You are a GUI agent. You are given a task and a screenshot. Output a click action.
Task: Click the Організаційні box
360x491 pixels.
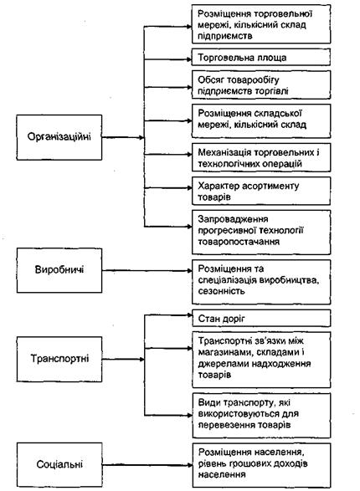pos(59,137)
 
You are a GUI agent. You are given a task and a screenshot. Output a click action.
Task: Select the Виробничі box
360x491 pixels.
pos(59,270)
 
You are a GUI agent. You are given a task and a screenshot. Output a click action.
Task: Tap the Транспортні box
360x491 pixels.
pos(59,359)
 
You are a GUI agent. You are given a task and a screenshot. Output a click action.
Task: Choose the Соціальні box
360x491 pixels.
pos(59,464)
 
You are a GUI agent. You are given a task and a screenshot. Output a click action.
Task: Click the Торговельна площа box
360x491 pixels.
pos(261,58)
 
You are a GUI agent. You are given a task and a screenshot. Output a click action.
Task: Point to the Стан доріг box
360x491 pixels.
pos(261,319)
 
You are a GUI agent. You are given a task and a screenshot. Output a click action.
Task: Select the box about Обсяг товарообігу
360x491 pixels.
pos(261,84)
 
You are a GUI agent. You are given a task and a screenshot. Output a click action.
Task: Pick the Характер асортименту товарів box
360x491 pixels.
pos(261,191)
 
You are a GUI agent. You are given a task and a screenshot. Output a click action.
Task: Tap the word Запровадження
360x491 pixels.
pos(233,219)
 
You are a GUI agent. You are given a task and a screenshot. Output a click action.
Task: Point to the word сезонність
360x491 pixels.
pos(221,291)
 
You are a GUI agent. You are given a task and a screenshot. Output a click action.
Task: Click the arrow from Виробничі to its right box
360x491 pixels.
pos(147,270)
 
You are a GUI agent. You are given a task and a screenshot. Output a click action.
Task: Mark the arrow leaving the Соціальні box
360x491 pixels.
pos(147,465)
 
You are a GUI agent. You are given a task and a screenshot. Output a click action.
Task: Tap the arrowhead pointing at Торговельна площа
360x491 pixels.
pos(189,59)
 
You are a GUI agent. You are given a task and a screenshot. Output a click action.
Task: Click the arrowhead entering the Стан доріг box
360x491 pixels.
pos(189,315)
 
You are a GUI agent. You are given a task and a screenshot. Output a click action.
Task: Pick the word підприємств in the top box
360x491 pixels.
pos(224,36)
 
